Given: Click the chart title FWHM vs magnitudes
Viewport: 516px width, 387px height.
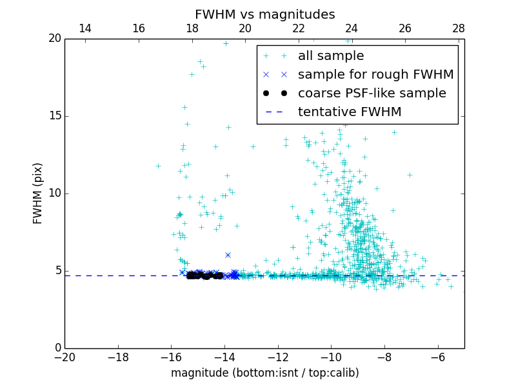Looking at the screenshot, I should [264, 14].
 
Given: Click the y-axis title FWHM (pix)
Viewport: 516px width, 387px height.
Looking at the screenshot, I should [38, 193].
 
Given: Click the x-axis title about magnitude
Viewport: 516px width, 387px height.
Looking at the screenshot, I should [264, 373].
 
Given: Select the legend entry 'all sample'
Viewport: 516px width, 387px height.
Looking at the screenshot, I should [330, 56].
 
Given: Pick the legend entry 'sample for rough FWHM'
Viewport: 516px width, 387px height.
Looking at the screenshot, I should [375, 75].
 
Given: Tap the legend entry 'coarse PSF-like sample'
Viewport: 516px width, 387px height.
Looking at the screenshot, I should [372, 94].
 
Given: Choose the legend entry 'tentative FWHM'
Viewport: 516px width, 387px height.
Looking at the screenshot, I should [349, 112].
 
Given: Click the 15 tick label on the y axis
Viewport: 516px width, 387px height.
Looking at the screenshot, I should [54, 116].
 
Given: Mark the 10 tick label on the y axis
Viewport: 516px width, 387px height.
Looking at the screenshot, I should [54, 193].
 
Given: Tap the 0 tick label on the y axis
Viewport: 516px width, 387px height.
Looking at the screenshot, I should [57, 348].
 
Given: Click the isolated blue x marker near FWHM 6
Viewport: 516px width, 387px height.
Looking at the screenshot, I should [228, 255].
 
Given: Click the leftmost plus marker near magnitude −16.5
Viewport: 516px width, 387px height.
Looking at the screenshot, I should [158, 166].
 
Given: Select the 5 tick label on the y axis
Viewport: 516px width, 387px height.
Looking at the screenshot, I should [57, 271].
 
